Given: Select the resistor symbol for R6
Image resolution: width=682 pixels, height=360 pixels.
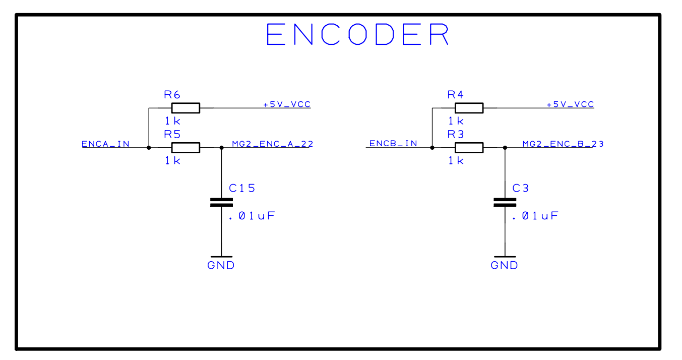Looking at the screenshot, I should (185, 107).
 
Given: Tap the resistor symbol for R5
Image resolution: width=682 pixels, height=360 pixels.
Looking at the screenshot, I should (185, 148).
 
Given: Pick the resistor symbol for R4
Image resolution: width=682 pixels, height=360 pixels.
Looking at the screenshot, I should (469, 107).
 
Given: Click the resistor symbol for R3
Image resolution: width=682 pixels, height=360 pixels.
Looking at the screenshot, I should (469, 148).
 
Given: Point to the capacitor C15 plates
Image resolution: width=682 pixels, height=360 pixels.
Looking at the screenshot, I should (221, 202).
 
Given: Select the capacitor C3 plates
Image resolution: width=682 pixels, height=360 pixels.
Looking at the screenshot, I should (505, 202).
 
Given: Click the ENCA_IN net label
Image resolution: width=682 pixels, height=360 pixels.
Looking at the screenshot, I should (105, 144).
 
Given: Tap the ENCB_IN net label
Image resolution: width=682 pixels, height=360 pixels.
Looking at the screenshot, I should (393, 144).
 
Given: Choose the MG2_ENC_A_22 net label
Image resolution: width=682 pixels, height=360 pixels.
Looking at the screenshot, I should (272, 144).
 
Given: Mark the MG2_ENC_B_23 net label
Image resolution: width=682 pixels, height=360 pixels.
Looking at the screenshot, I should (563, 144).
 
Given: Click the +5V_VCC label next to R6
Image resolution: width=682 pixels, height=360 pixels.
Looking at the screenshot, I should (287, 104).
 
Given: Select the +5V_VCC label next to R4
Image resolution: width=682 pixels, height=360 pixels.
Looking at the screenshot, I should (570, 104).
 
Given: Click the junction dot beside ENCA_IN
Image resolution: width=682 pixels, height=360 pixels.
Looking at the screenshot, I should (149, 148).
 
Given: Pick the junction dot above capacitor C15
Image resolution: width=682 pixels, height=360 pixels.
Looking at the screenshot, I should (221, 148).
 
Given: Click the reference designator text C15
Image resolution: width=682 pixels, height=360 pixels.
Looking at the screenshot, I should (242, 189).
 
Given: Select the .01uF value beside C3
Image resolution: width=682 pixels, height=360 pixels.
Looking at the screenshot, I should (535, 216).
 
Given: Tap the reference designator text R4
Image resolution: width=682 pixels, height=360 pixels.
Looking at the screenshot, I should (456, 94).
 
